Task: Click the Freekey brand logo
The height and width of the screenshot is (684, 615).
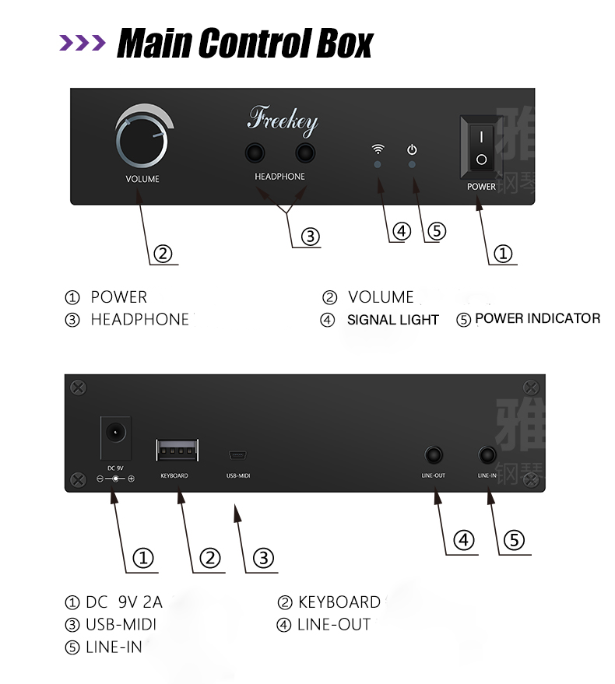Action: tap(282, 121)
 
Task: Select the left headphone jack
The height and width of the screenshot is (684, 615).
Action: tap(255, 153)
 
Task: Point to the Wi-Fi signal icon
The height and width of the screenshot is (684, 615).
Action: tap(378, 149)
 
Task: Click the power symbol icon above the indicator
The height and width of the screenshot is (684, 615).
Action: tap(413, 149)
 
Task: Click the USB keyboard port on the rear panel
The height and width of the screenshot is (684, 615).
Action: tap(177, 451)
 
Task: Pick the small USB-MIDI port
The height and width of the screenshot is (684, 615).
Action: tap(237, 455)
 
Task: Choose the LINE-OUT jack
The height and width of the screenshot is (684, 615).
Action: tap(434, 454)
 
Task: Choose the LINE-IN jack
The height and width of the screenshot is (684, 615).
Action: tap(488, 454)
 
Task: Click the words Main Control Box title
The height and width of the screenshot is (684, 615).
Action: tap(244, 44)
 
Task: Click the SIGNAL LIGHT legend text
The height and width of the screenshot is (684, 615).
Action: tap(392, 320)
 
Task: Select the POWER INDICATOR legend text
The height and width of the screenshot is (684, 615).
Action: tap(537, 318)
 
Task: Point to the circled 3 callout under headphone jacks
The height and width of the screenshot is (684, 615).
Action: tap(311, 237)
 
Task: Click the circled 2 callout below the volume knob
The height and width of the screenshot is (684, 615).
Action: tap(162, 253)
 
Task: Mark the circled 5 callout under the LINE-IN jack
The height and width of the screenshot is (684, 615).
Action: tap(514, 540)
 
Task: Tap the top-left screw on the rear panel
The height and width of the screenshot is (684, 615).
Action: tap(77, 387)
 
